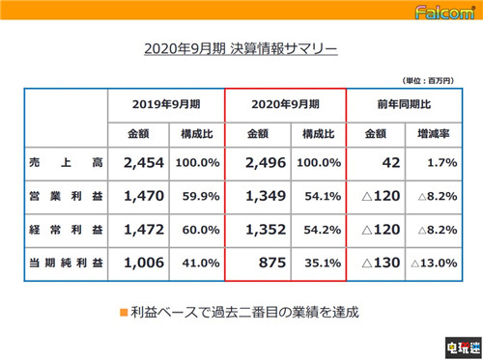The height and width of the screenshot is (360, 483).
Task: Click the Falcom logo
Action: [443, 13]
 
